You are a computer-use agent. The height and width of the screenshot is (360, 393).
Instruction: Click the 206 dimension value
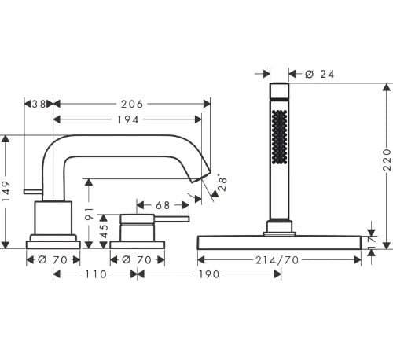(x=132, y=104)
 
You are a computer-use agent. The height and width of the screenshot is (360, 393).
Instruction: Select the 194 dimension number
(x=127, y=119)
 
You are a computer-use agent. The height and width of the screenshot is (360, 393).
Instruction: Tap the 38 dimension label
(x=39, y=104)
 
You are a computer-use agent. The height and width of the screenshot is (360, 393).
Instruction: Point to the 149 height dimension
(x=6, y=191)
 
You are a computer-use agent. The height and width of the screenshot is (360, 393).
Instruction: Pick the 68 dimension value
(x=163, y=205)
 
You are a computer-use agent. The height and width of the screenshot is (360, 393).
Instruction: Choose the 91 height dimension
(x=89, y=213)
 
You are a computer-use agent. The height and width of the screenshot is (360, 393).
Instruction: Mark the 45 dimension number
(x=104, y=231)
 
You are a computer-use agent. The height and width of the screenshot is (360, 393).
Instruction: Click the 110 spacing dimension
(x=96, y=274)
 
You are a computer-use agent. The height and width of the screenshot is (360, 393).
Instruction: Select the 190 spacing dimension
(x=209, y=274)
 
